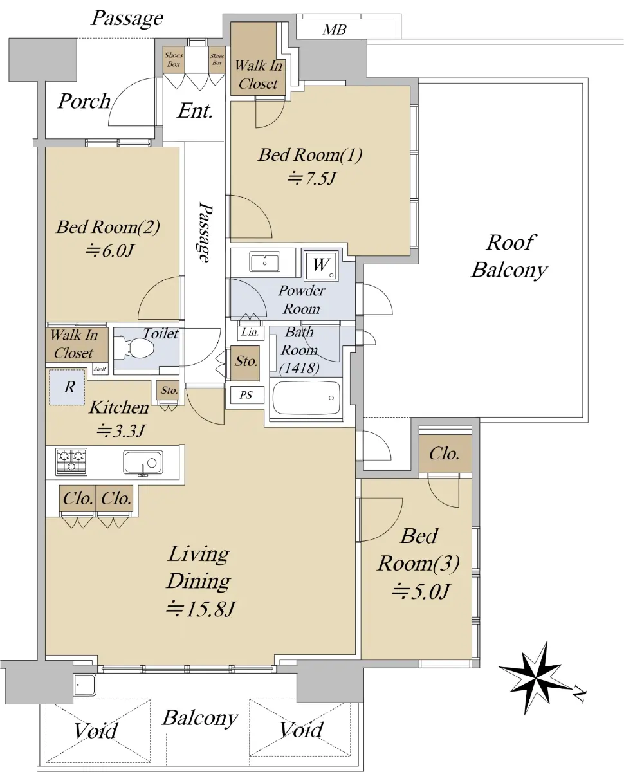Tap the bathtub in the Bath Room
pos(306,398)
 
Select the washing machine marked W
pos(321,265)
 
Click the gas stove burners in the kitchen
pos(71,461)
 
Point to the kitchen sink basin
pos(143,462)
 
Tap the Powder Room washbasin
pos(264,262)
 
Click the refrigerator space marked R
pos(68,387)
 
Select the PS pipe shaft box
pos(247,395)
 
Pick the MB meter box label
pos(335,30)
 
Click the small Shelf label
pos(100,369)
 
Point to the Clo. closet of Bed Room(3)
pos(445,454)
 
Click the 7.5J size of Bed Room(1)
pos(313,178)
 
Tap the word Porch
pos(84,101)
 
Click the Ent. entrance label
pos(195,111)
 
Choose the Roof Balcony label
pos(509,256)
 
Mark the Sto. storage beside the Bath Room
pos(245,363)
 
